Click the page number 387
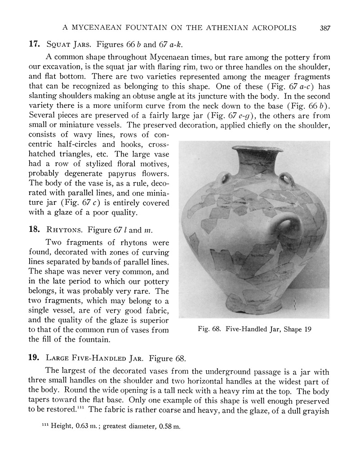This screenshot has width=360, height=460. [325, 28]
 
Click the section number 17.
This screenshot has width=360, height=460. [34, 44]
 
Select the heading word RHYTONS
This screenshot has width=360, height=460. [64, 230]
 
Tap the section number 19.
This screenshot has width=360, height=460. [34, 358]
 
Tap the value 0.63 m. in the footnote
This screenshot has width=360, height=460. [86, 427]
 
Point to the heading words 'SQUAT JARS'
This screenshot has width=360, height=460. [68, 44]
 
